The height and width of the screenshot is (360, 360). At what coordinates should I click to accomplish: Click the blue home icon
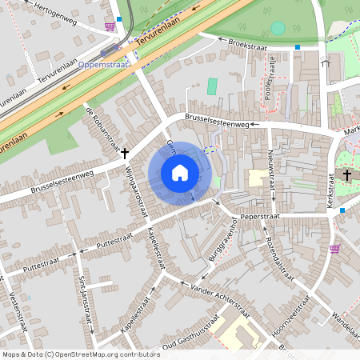(x=180, y=173)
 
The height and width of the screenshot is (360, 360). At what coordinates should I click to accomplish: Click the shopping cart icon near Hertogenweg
(x=110, y=25)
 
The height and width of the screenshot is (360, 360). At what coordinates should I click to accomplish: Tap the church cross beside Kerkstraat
(x=347, y=174)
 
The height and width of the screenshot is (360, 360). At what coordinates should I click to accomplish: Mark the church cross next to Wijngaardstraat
(x=125, y=150)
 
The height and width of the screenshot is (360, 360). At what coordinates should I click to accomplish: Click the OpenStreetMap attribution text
(x=80, y=354)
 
